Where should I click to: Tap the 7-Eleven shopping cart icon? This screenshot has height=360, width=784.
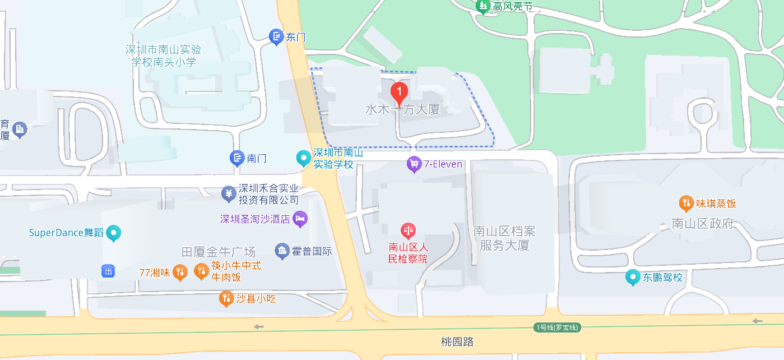tap(414, 164)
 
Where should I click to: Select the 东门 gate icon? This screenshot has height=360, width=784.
tap(276, 38)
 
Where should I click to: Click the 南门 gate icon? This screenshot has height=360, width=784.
tap(238, 159)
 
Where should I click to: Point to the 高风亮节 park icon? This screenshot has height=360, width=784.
tap(483, 6)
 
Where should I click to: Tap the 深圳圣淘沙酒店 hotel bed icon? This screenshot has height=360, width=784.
tap(300, 219)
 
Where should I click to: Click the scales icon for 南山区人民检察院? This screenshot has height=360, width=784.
tap(409, 230)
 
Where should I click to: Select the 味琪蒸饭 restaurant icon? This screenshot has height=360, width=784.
tap(685, 203)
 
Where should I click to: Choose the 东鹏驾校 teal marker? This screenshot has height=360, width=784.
tap(633, 277)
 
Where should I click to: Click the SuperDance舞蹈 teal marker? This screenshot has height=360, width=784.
tap(114, 233)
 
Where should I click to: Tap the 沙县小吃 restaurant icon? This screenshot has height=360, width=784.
tap(226, 299)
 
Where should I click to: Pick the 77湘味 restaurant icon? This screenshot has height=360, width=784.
tap(179, 273)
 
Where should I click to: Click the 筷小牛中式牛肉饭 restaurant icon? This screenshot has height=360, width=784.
tap(201, 271)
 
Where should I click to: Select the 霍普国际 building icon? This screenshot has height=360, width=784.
tap(282, 251)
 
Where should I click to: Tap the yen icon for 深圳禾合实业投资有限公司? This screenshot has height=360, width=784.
tap(228, 194)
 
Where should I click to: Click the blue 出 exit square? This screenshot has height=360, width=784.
tap(108, 271)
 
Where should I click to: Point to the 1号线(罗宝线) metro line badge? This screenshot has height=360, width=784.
tap(557, 327)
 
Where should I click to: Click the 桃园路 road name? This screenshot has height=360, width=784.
tap(457, 341)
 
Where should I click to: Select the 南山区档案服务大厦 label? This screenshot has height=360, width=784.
tap(504, 238)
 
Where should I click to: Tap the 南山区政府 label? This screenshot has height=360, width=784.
tap(703, 224)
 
